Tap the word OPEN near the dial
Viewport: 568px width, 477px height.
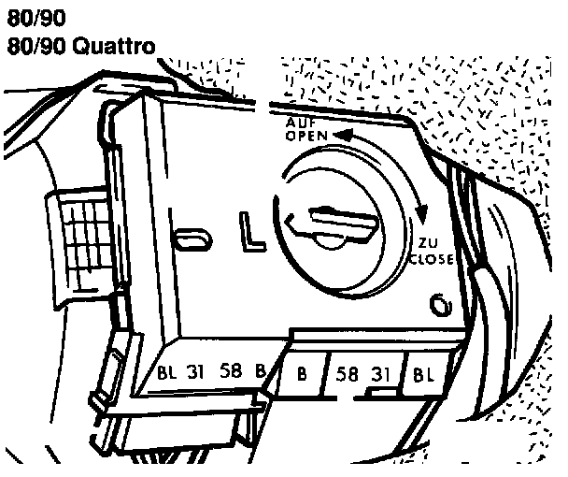(x=305, y=136)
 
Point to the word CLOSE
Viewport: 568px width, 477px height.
(x=433, y=258)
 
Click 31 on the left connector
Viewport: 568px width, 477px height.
(x=197, y=369)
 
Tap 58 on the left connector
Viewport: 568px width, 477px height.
(x=232, y=369)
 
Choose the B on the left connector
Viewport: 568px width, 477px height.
(x=261, y=369)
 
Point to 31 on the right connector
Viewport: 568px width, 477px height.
(x=380, y=375)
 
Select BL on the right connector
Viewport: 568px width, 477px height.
(x=423, y=376)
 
